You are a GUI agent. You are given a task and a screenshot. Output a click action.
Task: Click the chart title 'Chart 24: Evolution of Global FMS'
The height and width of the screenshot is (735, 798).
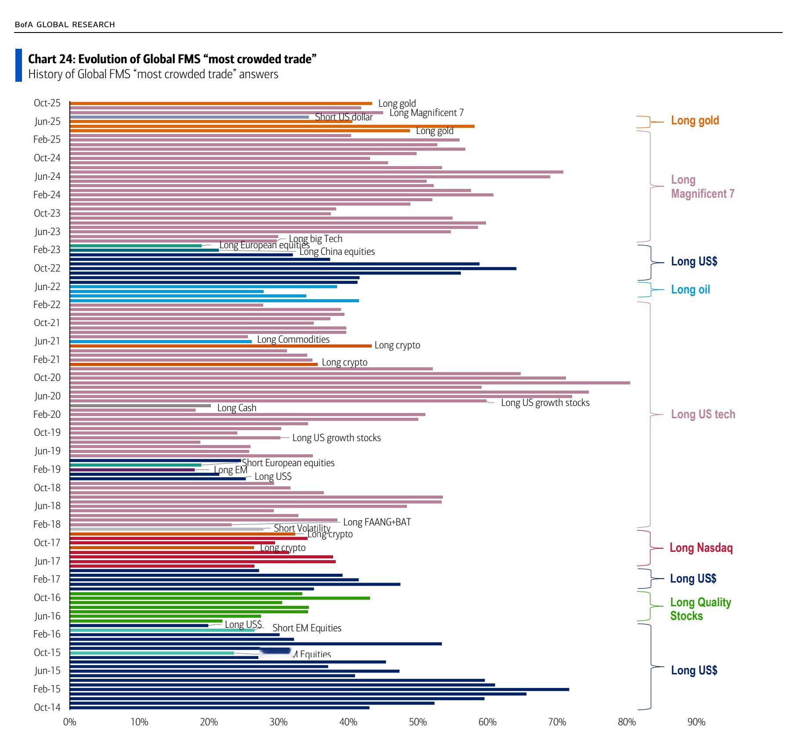[x=172, y=59]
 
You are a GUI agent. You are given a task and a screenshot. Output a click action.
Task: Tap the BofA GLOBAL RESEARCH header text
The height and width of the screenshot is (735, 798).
[x=65, y=25]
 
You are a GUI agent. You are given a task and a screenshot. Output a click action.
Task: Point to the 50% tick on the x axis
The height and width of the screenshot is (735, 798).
[x=418, y=722]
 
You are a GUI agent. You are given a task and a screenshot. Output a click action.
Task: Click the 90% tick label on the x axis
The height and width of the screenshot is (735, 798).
[x=696, y=722]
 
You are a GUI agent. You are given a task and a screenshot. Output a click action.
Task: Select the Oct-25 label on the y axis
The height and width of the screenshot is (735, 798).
[x=47, y=103]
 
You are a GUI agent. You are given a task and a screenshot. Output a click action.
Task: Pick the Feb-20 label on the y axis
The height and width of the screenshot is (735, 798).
[x=47, y=414]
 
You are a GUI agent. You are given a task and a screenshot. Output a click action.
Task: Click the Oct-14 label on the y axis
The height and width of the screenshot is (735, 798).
[x=47, y=707]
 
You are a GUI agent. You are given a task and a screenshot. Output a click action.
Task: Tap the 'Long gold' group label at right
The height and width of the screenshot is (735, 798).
[x=695, y=120]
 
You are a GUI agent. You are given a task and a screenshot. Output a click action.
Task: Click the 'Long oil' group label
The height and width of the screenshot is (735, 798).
[x=690, y=290]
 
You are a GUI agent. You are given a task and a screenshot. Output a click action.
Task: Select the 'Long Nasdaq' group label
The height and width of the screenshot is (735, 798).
[x=701, y=548]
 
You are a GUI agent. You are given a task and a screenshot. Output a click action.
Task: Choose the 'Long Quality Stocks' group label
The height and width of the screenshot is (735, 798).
[x=700, y=609]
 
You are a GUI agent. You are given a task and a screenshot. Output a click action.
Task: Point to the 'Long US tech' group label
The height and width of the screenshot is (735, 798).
[x=703, y=414]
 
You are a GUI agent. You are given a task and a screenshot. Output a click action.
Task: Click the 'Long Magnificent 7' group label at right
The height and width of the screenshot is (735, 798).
[x=702, y=187]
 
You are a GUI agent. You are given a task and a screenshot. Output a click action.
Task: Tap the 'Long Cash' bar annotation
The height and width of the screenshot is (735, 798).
[x=236, y=408]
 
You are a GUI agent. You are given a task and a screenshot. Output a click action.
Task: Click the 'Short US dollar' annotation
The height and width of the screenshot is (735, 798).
[x=344, y=117]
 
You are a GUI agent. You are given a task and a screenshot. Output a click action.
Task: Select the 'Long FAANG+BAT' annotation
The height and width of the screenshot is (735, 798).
[x=377, y=522]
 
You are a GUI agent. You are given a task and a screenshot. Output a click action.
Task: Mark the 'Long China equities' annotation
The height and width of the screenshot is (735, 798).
[x=337, y=252]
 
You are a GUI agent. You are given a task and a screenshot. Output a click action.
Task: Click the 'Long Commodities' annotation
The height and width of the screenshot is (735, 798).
[x=293, y=340]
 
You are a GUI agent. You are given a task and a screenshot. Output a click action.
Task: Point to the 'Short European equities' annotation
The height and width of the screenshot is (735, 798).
[x=288, y=463]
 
